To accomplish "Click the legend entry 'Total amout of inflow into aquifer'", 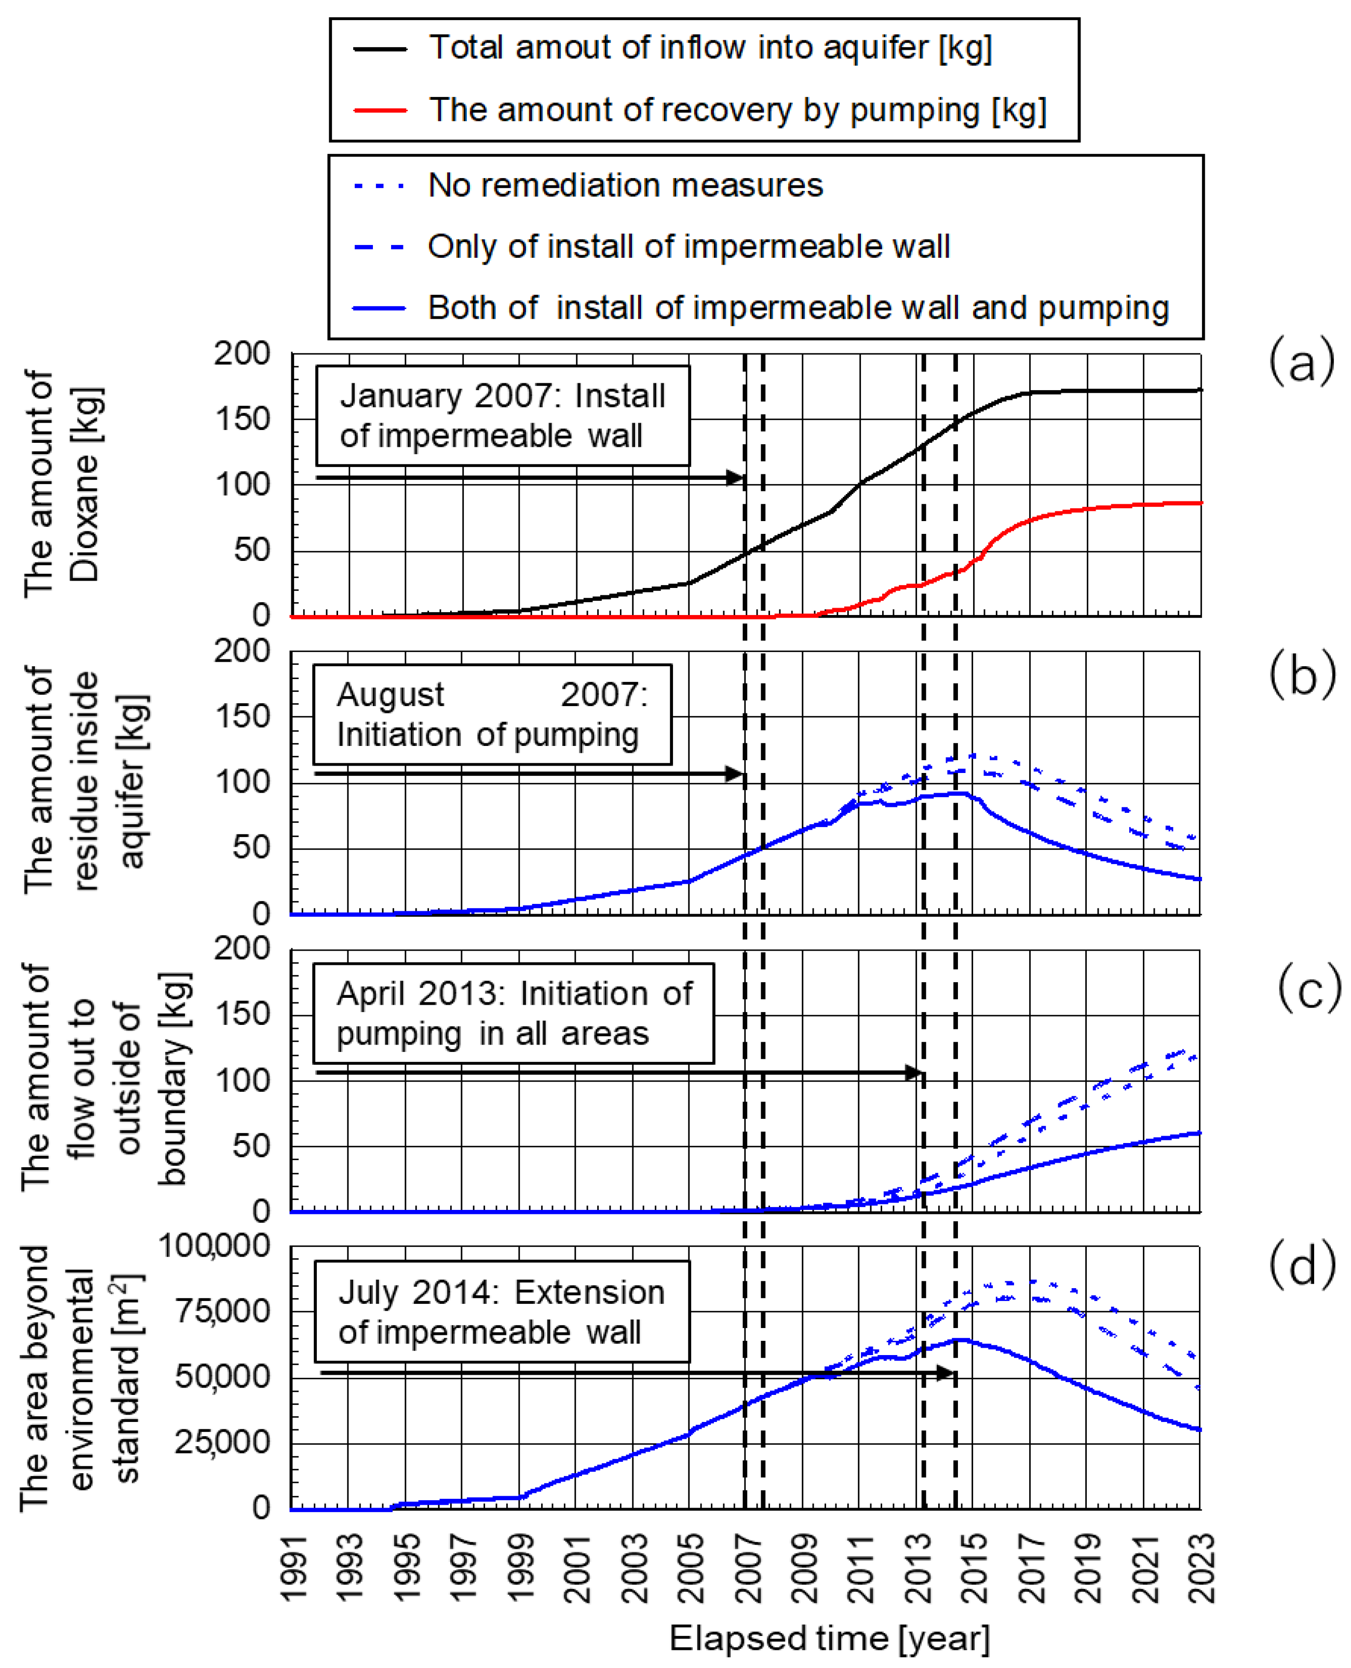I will pyautogui.click(x=710, y=48).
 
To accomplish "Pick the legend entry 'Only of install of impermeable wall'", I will pyautogui.click(x=688, y=247).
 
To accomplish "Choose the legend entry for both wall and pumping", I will pyautogui.click(x=798, y=308).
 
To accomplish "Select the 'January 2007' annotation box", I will pyautogui.click(x=503, y=416).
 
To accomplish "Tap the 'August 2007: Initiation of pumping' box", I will pyautogui.click(x=492, y=714).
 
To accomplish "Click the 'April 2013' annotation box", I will pyautogui.click(x=514, y=1014).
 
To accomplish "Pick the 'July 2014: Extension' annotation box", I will pyautogui.click(x=502, y=1311).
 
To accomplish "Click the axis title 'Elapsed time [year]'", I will pyautogui.click(x=829, y=1638).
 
